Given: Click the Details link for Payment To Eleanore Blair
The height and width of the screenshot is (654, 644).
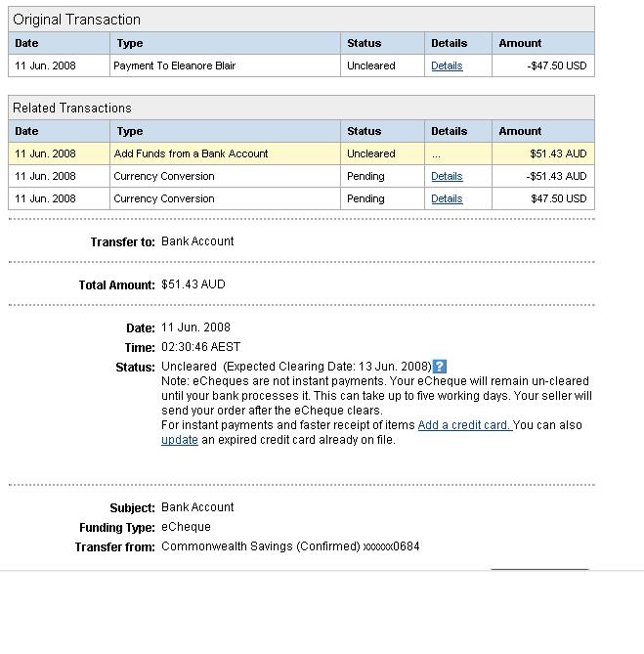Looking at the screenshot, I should [x=447, y=66].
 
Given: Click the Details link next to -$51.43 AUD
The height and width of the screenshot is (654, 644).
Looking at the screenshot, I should [x=447, y=177].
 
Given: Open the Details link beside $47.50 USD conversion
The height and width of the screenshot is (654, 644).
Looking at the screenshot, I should [x=447, y=199].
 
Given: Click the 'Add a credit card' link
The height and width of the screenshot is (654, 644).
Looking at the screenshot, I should [x=464, y=425].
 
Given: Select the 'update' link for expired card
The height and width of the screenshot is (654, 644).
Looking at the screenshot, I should [x=180, y=440].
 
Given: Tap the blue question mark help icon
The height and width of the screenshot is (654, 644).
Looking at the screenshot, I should [x=440, y=367].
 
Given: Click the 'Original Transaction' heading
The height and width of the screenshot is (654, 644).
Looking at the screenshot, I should [x=77, y=20].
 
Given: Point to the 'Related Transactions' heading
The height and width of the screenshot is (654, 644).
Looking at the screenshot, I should [x=72, y=108].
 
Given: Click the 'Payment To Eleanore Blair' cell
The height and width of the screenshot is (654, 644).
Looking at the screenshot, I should [x=174, y=66].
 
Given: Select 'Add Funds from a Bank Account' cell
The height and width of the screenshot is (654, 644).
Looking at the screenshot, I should [x=191, y=154].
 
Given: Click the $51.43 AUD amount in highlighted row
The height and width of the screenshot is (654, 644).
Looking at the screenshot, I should [x=558, y=154].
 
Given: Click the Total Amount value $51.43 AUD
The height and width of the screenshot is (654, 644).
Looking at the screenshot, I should [x=193, y=284].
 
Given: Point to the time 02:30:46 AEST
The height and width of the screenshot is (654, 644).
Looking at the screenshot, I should [x=200, y=347].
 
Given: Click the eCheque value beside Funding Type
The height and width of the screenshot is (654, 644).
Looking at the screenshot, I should [x=186, y=527].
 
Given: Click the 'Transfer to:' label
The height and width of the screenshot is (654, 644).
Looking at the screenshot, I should [x=122, y=242].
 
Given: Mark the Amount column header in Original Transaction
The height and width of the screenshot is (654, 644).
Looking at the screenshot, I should [x=520, y=43].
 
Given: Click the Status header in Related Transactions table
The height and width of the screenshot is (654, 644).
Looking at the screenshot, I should [x=364, y=131].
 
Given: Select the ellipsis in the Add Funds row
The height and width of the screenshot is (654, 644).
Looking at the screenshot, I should [x=436, y=154].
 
